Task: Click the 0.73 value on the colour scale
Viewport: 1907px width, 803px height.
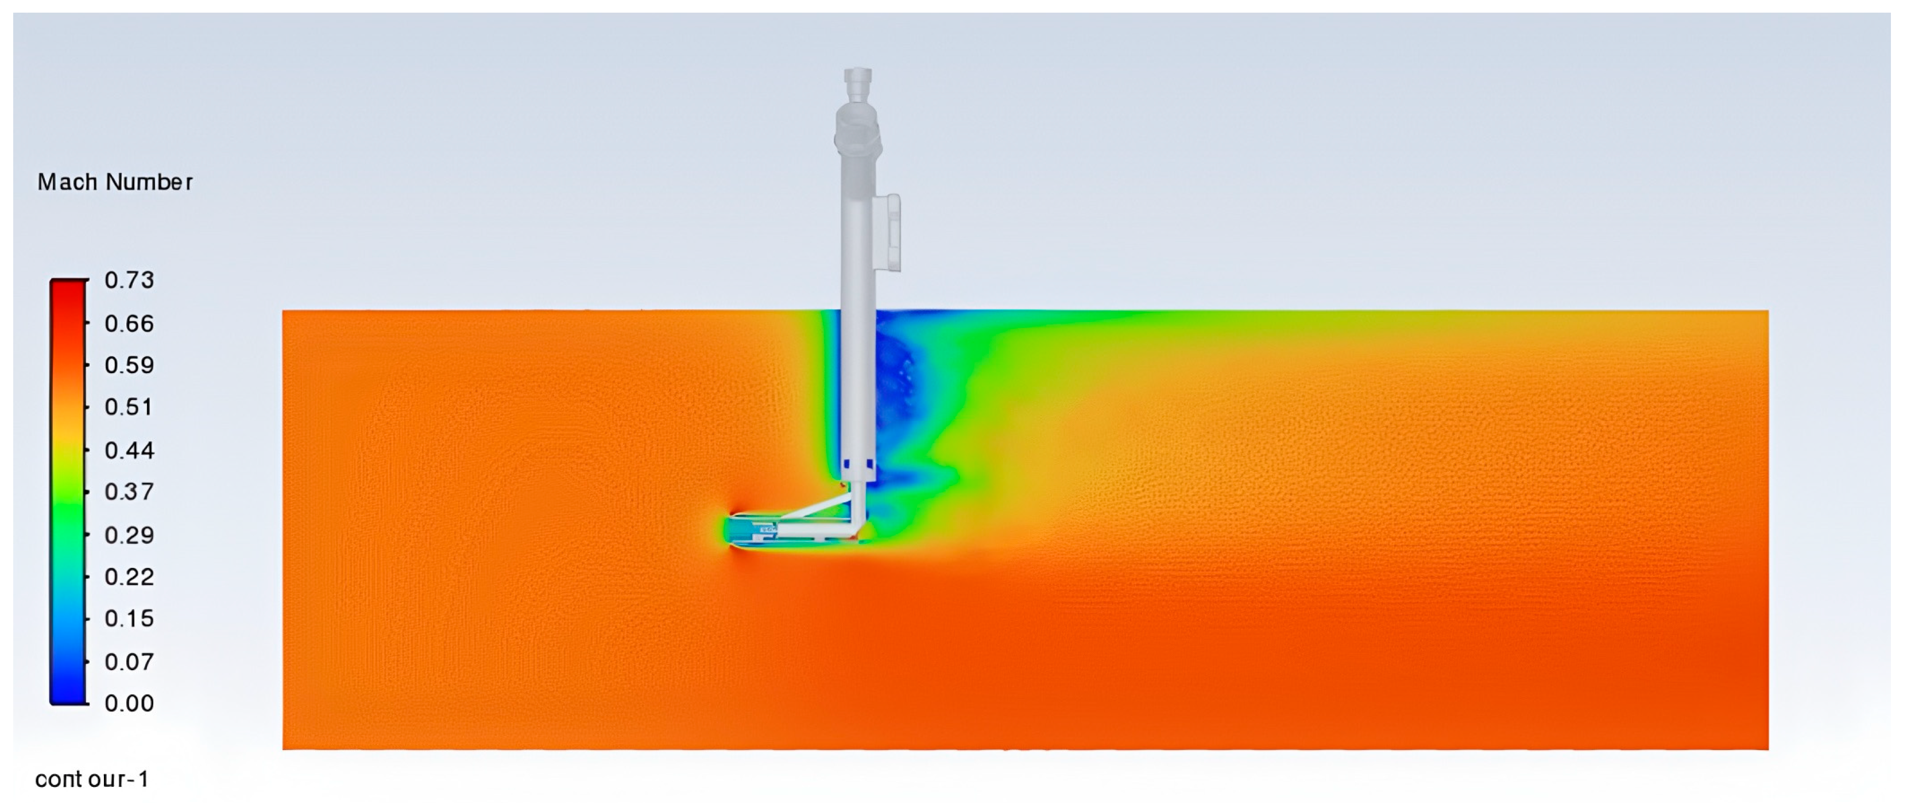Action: (x=130, y=280)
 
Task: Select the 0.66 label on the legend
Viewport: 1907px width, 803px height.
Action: (x=130, y=324)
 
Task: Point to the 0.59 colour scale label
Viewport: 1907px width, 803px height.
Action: (x=130, y=365)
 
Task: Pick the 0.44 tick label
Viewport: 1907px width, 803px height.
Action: (x=130, y=451)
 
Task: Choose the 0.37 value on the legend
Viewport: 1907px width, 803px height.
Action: (x=130, y=492)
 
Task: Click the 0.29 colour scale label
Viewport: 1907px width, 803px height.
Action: (x=130, y=535)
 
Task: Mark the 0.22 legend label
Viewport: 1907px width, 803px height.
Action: (x=130, y=577)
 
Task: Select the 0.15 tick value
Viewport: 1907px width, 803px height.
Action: (x=130, y=618)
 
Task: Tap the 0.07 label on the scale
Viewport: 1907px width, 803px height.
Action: (x=130, y=662)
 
